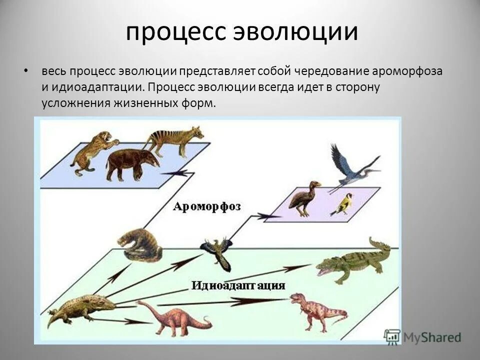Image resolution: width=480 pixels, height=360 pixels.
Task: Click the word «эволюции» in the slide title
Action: [296, 32]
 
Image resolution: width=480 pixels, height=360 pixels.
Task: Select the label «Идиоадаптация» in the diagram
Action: [238, 285]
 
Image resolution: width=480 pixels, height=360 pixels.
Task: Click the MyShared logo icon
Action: [392, 336]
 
